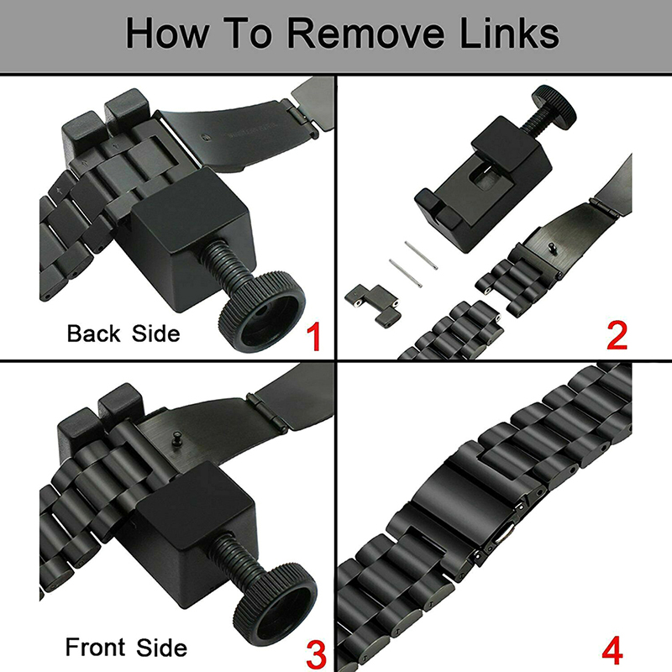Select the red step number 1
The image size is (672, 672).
[314, 337]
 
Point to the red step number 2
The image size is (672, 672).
[617, 335]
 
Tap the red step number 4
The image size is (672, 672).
[612, 651]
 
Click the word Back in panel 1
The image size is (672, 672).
[93, 333]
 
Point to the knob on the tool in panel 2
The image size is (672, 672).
[553, 106]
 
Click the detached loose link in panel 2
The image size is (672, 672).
[373, 304]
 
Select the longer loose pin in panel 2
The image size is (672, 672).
[406, 272]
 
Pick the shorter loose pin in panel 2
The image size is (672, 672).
[421, 255]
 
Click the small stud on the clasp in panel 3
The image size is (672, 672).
[176, 439]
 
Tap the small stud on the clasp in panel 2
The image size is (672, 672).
[552, 248]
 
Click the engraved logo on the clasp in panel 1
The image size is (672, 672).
[207, 138]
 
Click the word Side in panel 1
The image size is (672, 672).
[156, 333]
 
